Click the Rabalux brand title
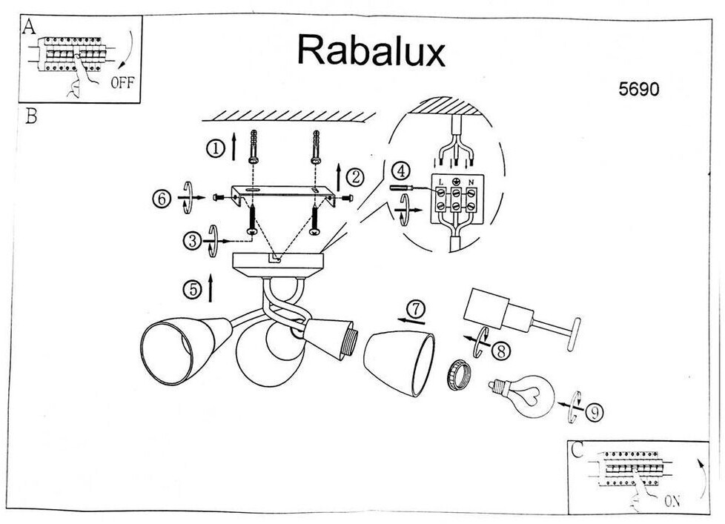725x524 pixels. click(371, 50)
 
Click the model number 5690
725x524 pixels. click(638, 89)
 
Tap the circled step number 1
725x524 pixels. click(216, 148)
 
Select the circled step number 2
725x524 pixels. click(355, 177)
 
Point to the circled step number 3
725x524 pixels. click(192, 241)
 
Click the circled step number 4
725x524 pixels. click(401, 171)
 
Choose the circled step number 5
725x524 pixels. click(193, 289)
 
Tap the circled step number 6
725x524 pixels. click(162, 199)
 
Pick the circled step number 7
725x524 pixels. click(416, 309)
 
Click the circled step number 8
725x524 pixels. click(500, 351)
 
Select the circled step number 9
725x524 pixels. click(595, 412)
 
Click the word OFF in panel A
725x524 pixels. click(122, 83)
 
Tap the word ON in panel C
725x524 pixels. click(672, 501)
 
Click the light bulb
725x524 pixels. click(522, 396)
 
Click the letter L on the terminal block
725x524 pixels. click(440, 182)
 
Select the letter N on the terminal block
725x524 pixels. click(471, 182)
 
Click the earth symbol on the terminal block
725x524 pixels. click(456, 182)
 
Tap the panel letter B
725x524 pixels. click(30, 116)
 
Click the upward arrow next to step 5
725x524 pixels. click(211, 287)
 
